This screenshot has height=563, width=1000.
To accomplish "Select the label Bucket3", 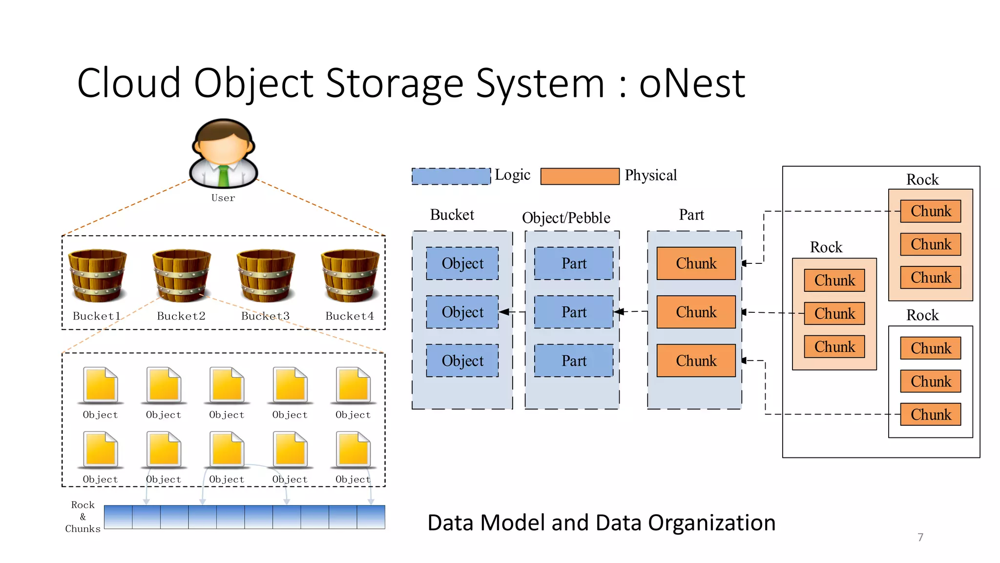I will [x=265, y=316].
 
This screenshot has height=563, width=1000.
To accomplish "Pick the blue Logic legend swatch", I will [x=451, y=176].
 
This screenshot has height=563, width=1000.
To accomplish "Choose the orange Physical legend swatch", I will [x=580, y=176].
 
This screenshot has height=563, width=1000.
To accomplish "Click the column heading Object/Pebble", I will [x=566, y=217].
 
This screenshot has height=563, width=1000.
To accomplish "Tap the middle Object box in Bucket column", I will [x=462, y=312].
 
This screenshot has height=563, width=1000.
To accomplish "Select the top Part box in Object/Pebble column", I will [x=574, y=263].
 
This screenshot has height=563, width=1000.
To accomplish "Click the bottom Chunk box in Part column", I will [x=696, y=361].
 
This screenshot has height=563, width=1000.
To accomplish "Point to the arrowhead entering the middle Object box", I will [x=504, y=312].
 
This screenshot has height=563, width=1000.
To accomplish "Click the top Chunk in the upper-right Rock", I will [x=930, y=211].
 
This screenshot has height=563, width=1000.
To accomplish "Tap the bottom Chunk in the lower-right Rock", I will [x=930, y=414].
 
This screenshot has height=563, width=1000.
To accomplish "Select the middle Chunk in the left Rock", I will [x=834, y=313].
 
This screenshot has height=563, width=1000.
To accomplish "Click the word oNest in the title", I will [x=692, y=83].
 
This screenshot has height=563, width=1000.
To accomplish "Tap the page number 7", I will [x=920, y=537].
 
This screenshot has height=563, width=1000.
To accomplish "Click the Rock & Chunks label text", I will [x=83, y=517].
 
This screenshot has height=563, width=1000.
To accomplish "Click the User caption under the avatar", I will [x=223, y=198].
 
